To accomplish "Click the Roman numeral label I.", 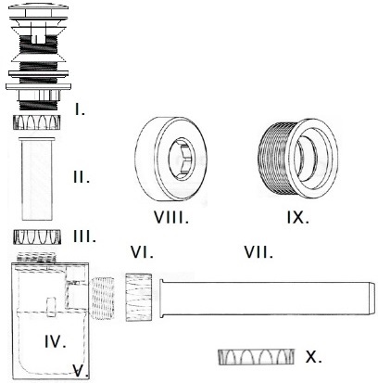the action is (x=80, y=109).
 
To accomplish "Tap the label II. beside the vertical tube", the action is (x=82, y=177).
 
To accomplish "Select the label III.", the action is (x=84, y=236).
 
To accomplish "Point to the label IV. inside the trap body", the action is (x=56, y=342).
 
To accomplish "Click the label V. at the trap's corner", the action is (x=81, y=370).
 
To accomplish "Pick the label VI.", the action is (x=142, y=252).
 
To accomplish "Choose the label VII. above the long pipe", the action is (x=258, y=252).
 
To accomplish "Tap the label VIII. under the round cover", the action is (x=171, y=218).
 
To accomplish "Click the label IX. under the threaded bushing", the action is (x=297, y=218).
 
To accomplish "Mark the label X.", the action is (x=313, y=357).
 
